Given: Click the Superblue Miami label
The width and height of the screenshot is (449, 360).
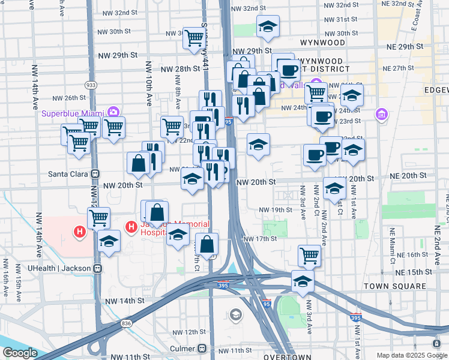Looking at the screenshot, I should click(72, 113).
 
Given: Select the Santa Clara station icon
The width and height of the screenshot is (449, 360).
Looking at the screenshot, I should click(94, 174).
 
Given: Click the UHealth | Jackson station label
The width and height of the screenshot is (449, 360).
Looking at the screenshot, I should click(58, 268).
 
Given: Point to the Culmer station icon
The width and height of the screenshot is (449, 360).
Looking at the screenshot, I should click(202, 349).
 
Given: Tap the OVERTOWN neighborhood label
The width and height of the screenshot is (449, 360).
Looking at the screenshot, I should click(288, 356).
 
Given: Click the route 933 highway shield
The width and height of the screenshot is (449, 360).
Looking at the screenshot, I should click(91, 85).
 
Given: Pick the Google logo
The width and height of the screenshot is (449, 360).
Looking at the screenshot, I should click(20, 353).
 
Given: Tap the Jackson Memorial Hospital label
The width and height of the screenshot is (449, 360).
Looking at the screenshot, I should click(150, 229).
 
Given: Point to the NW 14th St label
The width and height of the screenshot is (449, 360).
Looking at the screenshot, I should click(125, 301).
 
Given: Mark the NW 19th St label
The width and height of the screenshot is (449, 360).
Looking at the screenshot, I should click(276, 209).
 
